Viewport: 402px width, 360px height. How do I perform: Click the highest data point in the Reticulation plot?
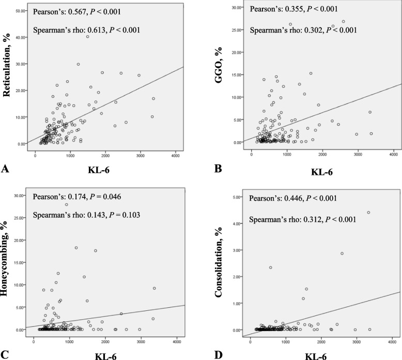tap(87, 37)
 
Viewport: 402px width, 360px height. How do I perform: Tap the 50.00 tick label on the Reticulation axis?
tap(21, 11)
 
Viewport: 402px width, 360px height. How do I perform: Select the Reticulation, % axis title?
tap(7, 65)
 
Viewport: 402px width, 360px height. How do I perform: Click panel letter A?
tap(5, 169)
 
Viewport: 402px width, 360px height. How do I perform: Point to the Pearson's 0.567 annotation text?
tap(77, 12)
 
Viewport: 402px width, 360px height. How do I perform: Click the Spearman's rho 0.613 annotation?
tap(87, 30)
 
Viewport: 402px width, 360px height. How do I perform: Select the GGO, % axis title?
tap(219, 65)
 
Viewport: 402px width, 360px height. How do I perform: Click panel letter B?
tap(218, 169)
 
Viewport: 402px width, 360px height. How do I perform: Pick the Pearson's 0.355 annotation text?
tap(294, 9)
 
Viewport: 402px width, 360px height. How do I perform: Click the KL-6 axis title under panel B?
tap(322, 172)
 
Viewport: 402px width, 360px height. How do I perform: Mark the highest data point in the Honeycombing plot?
tap(67, 204)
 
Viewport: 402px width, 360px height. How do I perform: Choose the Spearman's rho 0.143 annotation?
tap(86, 215)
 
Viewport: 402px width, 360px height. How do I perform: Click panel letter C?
tap(5, 355)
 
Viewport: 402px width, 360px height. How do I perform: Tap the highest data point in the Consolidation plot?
tap(368, 213)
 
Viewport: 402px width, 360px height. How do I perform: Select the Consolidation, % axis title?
tap(219, 262)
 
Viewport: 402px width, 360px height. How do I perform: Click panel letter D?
tap(218, 355)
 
